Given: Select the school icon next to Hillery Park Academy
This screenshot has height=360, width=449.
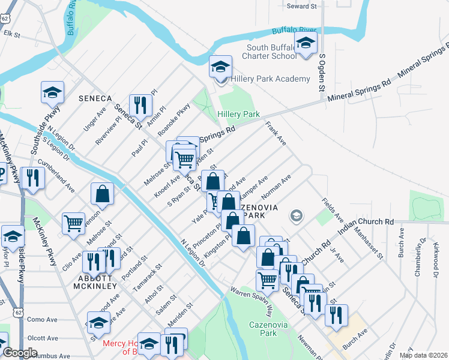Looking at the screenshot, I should (220, 67).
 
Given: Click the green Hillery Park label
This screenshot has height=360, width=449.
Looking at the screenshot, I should (238, 114).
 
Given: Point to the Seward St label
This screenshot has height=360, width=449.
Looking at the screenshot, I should (301, 6).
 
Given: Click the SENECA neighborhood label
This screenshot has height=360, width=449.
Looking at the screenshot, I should (95, 98).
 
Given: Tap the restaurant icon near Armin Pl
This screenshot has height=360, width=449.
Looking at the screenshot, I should (139, 105).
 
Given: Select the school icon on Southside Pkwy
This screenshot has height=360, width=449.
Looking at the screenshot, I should (52, 92).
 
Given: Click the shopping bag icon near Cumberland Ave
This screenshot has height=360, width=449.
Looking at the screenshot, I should (102, 194).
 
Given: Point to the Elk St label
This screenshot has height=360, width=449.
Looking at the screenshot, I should (12, 34).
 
